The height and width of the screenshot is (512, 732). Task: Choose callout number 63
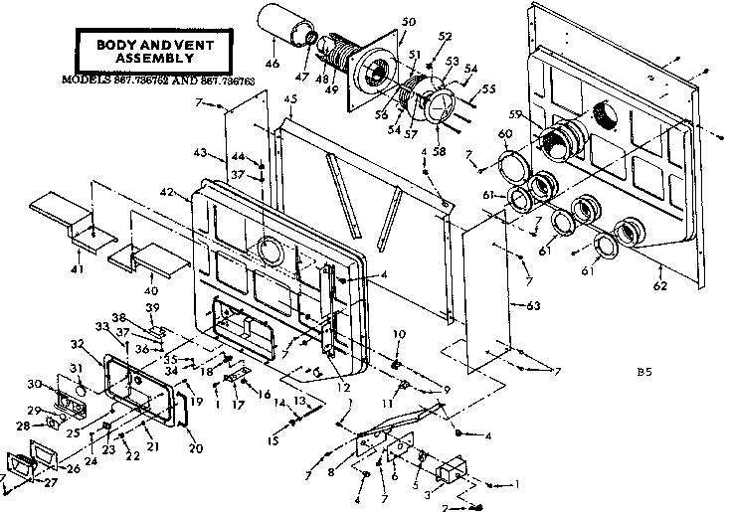(x=533, y=304)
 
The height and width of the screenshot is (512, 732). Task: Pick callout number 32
(x=77, y=343)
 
